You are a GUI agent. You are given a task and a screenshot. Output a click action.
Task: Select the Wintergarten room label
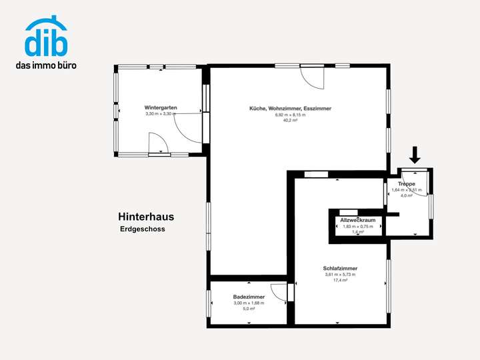(160, 107)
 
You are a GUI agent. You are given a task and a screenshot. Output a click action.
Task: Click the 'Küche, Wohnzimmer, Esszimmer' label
(290, 108)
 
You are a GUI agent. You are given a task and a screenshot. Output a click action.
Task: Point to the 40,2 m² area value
(290, 121)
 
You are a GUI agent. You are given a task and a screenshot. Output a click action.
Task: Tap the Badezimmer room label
(249, 297)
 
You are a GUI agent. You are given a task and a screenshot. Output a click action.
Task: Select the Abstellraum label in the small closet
(358, 220)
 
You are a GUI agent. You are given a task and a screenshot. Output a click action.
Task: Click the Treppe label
(407, 183)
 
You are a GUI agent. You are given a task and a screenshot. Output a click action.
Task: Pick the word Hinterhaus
(146, 217)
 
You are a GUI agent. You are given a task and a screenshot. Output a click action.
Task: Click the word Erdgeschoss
(143, 229)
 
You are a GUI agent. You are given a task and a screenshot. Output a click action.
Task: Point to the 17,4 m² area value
(340, 281)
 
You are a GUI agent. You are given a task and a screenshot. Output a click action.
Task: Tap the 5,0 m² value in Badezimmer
(249, 309)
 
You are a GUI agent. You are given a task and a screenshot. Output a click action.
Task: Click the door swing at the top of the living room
(312, 78)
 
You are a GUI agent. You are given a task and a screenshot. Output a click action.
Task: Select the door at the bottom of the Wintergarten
(159, 143)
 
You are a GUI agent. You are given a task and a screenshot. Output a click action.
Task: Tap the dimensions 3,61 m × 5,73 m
(340, 275)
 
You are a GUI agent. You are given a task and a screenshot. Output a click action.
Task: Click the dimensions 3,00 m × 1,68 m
(249, 303)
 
